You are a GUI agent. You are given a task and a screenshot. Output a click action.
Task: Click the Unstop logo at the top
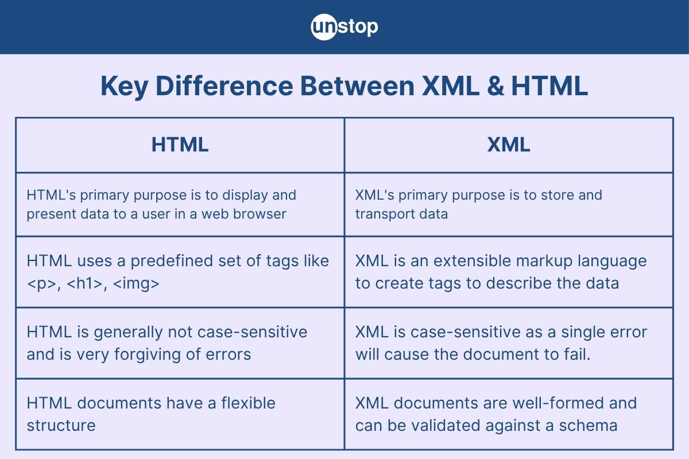pos(344,26)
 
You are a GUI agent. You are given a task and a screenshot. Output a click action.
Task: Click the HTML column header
pos(180,145)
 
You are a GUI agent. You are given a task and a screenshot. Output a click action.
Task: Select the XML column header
pos(509,145)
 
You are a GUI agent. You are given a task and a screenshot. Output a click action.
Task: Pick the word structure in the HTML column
pos(61,426)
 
